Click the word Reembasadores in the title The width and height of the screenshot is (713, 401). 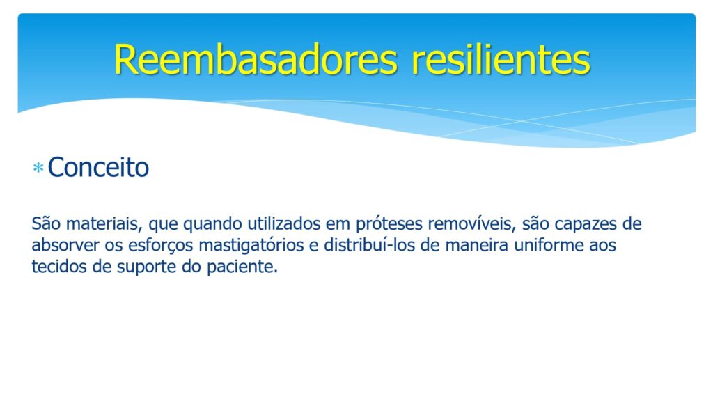[x=256, y=60]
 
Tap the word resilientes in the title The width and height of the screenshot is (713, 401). [x=501, y=60]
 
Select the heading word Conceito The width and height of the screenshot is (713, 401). [x=98, y=167]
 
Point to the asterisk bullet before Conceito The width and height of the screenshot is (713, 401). [x=38, y=168]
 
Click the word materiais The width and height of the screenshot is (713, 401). [x=104, y=223]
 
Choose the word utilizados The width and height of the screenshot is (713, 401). [x=284, y=223]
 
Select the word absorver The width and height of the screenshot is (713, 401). [x=65, y=245]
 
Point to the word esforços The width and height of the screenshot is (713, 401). [x=161, y=246]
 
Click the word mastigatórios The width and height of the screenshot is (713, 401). [x=251, y=246]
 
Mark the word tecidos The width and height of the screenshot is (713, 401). [x=59, y=267]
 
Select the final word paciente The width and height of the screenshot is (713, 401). [x=242, y=267]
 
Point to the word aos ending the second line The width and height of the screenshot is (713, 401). [x=602, y=246]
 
